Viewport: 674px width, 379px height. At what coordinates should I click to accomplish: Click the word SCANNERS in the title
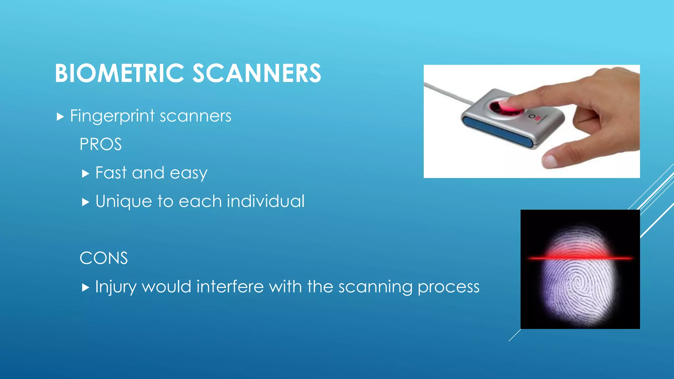click(256, 73)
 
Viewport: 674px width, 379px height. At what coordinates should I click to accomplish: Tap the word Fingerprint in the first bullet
click(112, 116)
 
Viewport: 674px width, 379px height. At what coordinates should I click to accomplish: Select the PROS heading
click(100, 144)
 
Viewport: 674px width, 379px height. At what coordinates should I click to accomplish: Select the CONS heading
click(103, 258)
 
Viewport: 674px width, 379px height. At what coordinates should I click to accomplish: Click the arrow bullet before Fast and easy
click(86, 173)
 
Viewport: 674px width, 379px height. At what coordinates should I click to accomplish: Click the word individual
click(266, 201)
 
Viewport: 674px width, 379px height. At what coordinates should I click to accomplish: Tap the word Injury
click(116, 287)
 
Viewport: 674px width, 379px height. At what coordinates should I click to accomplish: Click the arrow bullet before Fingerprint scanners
click(60, 116)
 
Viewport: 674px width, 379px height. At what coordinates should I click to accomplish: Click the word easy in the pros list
click(188, 173)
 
